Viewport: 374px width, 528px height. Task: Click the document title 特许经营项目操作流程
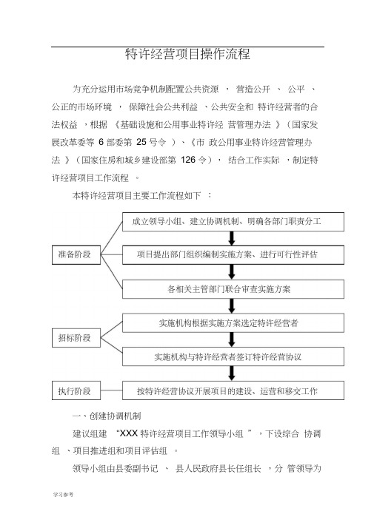click(187, 54)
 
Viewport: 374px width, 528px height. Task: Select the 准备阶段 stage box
click(76, 255)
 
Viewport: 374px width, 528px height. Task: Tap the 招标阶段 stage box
click(76, 338)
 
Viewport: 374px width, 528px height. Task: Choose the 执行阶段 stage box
click(76, 390)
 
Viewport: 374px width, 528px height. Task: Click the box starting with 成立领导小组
click(233, 222)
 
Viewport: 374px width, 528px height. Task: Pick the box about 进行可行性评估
click(233, 255)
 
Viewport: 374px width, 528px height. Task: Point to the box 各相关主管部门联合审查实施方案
click(233, 289)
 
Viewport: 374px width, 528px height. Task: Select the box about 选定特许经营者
click(233, 323)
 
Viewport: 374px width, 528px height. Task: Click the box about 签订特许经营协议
click(233, 356)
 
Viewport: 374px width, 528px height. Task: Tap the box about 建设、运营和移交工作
click(233, 390)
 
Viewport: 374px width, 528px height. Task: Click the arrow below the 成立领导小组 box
click(232, 238)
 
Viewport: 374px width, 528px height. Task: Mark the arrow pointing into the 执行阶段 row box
click(232, 373)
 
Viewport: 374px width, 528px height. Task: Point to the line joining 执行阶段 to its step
click(111, 390)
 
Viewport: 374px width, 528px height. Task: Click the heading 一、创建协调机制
click(107, 416)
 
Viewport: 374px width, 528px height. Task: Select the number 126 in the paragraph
click(188, 160)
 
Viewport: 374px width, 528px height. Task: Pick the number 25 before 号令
click(141, 142)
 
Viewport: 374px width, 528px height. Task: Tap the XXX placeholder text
click(128, 433)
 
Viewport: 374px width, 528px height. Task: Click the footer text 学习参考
click(63, 494)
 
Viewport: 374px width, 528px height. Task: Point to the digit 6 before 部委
click(101, 142)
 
